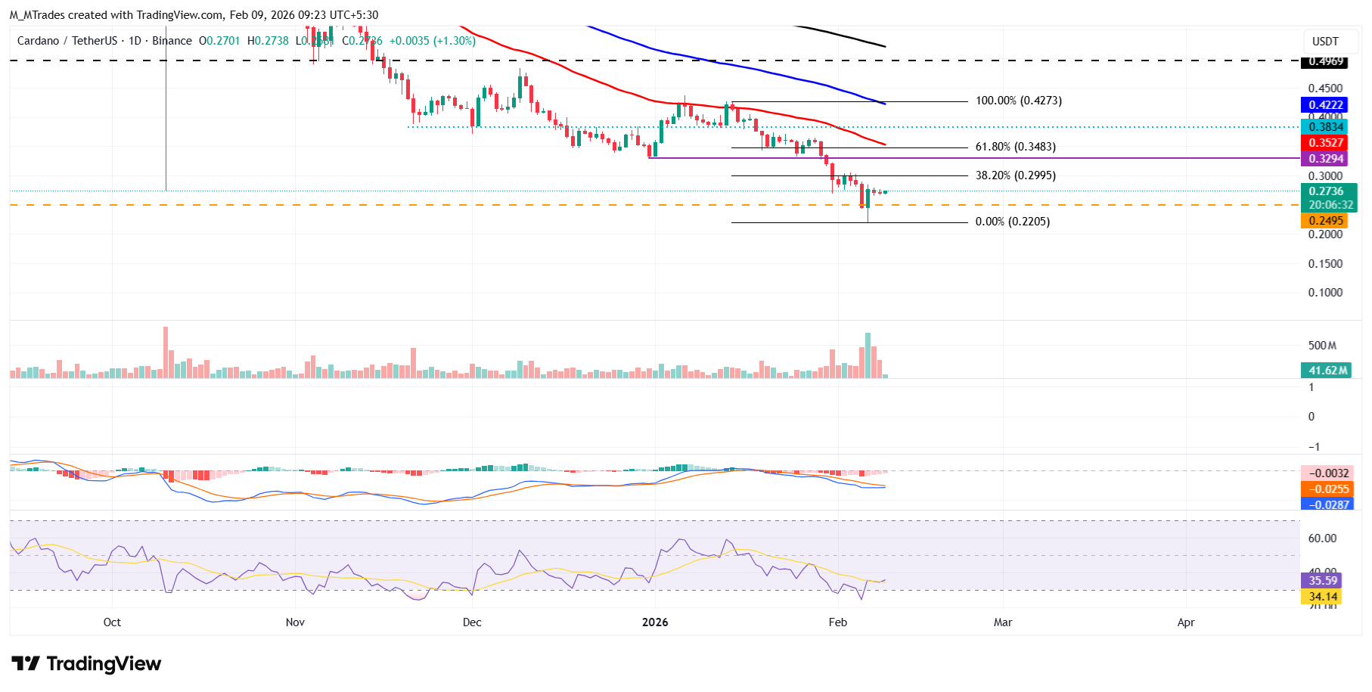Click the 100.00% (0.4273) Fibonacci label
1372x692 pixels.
[1018, 101]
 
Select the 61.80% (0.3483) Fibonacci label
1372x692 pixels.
[1015, 147]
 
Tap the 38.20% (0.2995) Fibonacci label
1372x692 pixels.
[1015, 175]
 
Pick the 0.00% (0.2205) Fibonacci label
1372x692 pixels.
[1012, 222]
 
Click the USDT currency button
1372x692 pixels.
[1325, 42]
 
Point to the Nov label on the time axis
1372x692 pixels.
[295, 622]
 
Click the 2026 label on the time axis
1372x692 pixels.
[655, 622]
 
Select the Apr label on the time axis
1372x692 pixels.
[1186, 622]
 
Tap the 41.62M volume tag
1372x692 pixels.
[1328, 371]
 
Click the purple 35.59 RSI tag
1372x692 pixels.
[1323, 581]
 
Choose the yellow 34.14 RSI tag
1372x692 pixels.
[1323, 597]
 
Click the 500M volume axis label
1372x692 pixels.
[1322, 346]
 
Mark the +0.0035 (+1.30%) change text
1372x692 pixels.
[432, 41]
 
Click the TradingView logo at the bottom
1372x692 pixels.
[86, 664]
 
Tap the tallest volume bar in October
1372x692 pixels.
[166, 352]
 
